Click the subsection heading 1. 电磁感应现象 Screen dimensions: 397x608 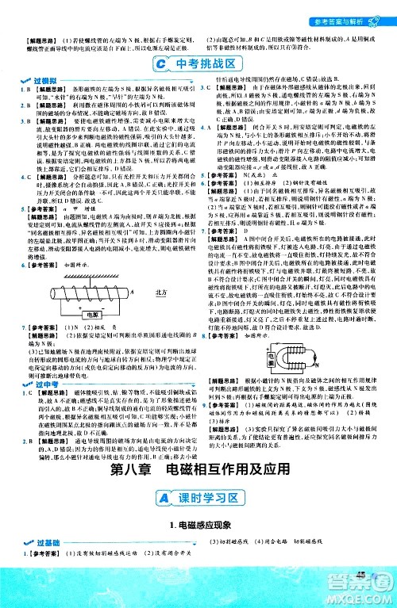[x=198, y=568]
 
